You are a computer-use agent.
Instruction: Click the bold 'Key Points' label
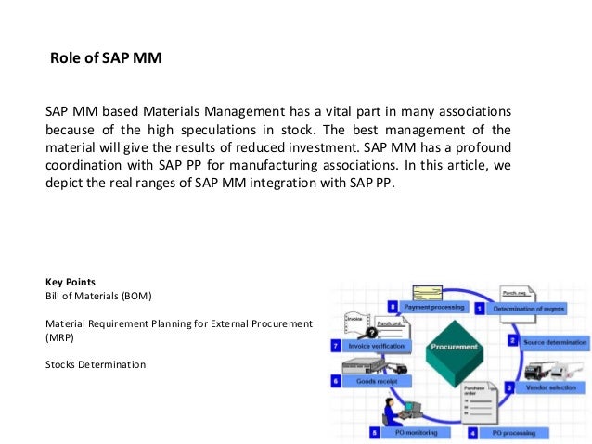[69, 281]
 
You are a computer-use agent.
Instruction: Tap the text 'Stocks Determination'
[96, 364]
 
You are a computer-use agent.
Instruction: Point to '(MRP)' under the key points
[59, 337]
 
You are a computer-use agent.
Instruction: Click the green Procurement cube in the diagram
[454, 350]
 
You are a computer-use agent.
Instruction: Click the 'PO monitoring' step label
[409, 432]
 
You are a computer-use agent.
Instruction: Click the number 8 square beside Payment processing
[393, 306]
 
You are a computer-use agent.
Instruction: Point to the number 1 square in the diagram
[480, 307]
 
